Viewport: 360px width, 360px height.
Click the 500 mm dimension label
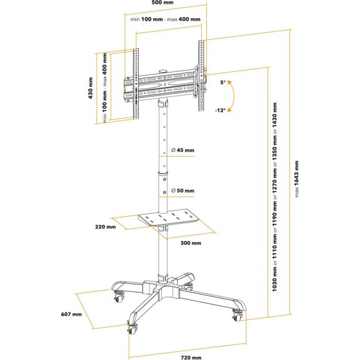(162, 2)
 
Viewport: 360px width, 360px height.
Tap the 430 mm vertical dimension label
(91, 88)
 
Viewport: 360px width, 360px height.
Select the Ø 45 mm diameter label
(182, 150)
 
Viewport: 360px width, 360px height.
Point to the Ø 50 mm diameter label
(182, 191)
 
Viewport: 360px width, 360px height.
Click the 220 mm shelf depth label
(106, 227)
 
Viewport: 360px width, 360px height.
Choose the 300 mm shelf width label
(191, 243)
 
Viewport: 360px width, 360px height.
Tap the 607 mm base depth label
(71, 314)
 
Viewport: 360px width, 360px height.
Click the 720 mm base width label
(191, 357)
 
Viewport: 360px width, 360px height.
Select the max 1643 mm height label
(297, 179)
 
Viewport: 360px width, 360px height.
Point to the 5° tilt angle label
(223, 82)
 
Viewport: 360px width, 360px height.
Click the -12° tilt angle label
(221, 111)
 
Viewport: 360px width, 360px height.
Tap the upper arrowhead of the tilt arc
(229, 82)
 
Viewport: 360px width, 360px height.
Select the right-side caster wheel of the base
(237, 316)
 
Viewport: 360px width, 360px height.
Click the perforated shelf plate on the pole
(168, 217)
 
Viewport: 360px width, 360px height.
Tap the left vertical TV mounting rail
(136, 84)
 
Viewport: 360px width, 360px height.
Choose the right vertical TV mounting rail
(201, 76)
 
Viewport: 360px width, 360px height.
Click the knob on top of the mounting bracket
(163, 71)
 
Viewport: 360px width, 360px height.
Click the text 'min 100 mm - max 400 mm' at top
(165, 19)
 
